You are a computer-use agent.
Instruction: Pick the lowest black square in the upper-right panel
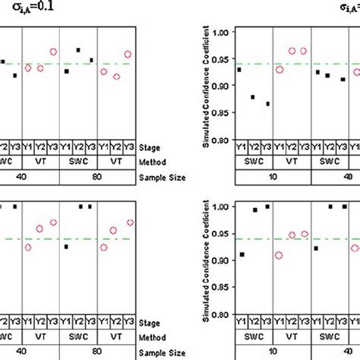[267, 104]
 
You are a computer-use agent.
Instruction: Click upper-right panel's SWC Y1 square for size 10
[239, 70]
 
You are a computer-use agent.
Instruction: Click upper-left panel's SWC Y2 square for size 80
[78, 50]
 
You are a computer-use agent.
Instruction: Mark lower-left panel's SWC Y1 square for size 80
[66, 247]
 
